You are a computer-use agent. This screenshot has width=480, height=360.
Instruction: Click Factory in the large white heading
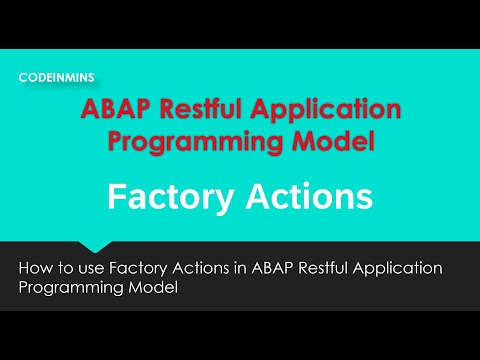pyautogui.click(x=161, y=196)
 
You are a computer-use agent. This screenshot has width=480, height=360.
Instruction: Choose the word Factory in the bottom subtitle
pyautogui.click(x=142, y=268)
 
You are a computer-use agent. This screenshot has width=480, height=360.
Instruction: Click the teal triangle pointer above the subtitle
pyautogui.click(x=95, y=246)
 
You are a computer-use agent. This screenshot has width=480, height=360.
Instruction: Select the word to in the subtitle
pyautogui.click(x=68, y=268)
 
